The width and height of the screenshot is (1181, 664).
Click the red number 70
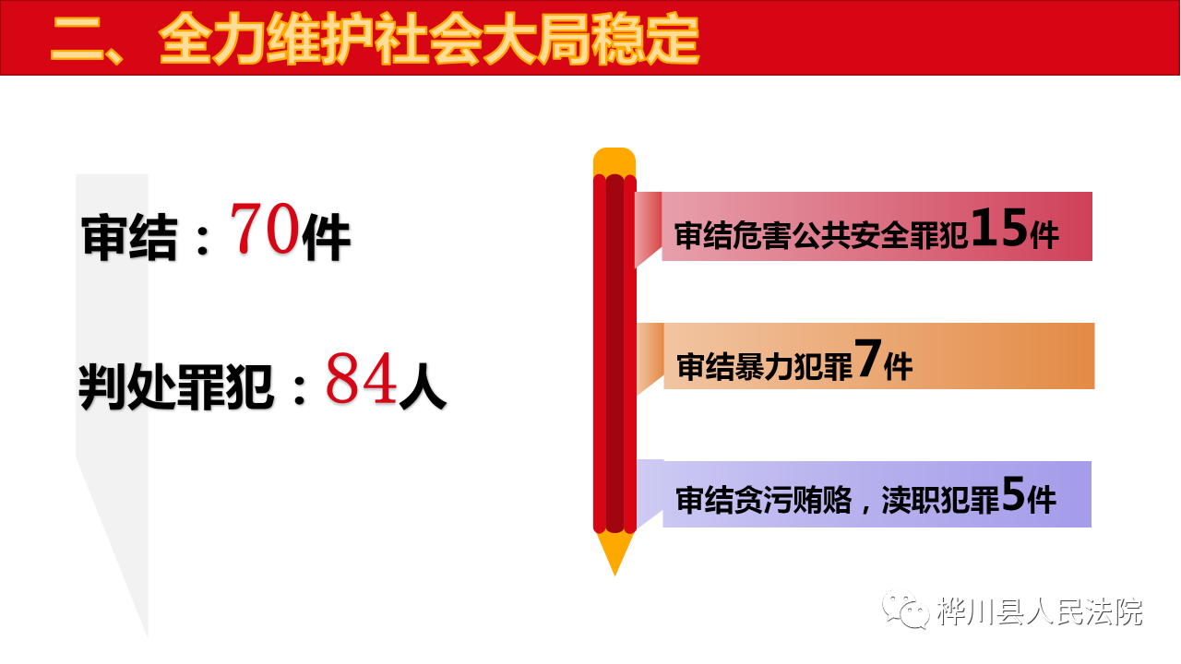click(x=265, y=228)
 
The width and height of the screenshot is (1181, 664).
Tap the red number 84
click(x=362, y=378)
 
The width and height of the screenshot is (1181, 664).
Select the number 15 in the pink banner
click(x=999, y=227)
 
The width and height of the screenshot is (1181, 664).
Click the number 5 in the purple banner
click(x=1013, y=493)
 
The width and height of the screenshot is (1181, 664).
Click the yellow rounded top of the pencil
click(x=614, y=161)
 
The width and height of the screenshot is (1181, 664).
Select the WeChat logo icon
click(x=906, y=610)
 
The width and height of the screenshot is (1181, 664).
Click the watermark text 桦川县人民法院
click(x=1040, y=611)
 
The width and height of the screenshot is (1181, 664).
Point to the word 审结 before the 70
click(x=130, y=237)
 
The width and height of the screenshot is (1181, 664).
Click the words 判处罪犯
click(x=176, y=386)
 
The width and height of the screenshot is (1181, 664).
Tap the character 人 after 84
click(x=423, y=386)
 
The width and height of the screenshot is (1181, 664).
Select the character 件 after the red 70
click(x=327, y=237)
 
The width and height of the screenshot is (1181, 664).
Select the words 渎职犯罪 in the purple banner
click(x=940, y=500)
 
